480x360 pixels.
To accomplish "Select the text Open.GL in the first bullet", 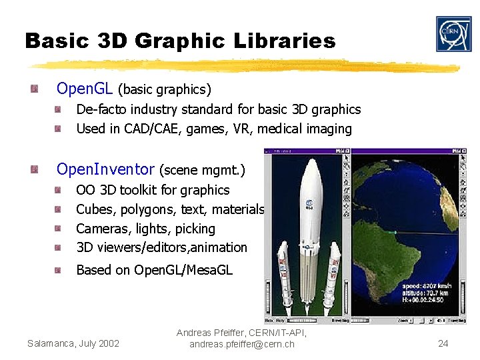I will [x=85, y=89].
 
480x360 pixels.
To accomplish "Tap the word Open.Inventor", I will [x=105, y=170].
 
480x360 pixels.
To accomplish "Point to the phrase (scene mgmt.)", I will [x=203, y=171].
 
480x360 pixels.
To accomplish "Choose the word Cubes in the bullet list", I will [x=96, y=209].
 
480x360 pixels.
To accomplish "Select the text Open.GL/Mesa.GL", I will [x=183, y=270].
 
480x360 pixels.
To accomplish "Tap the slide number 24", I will [x=443, y=344].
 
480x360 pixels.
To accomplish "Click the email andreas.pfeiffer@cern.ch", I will [x=241, y=344].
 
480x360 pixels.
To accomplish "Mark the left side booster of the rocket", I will [x=283, y=273].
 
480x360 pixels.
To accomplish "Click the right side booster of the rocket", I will [x=335, y=273].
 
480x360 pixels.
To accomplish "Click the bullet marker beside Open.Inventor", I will [x=43, y=171].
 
